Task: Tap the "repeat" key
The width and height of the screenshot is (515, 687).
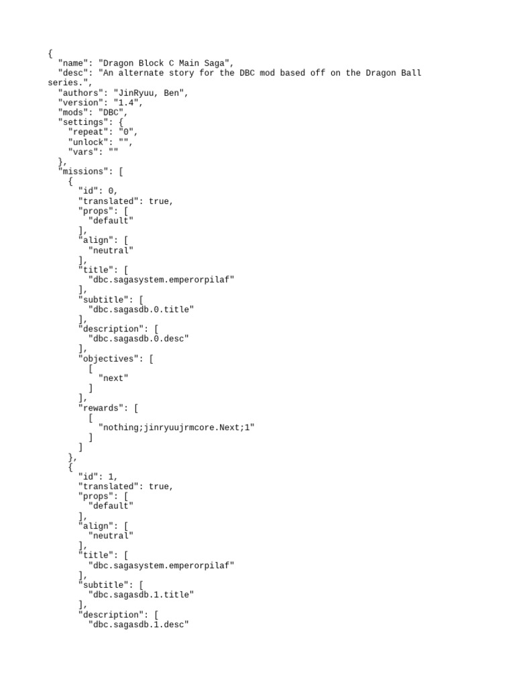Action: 91,133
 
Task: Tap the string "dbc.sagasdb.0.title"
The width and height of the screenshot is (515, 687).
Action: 141,309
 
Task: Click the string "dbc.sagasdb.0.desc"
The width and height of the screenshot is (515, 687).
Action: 138,339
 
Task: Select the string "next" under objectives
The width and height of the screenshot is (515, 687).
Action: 113,378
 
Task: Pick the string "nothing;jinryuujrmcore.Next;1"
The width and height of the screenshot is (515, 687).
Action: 176,427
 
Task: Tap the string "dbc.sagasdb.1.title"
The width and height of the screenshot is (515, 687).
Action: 141,595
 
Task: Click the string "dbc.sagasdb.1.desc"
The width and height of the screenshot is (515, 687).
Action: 138,625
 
